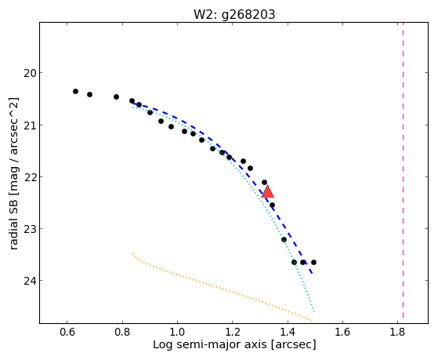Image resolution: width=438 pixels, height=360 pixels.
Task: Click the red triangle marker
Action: pos(268,192)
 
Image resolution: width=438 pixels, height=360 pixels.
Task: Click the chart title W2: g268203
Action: pos(234,15)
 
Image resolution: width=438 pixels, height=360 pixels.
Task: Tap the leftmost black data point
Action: pos(75,91)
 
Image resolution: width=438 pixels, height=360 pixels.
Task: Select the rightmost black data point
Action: pos(313,262)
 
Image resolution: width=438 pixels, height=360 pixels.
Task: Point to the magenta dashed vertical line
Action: pos(403,170)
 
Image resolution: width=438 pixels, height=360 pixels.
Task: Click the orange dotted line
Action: pos(223,288)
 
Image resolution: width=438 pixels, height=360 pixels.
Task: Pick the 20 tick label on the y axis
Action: pos(30,73)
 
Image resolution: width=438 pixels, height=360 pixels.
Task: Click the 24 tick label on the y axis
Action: pos(30,281)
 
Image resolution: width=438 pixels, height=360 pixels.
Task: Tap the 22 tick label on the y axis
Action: pos(30,177)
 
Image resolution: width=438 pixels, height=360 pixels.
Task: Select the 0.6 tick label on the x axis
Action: pos(67,332)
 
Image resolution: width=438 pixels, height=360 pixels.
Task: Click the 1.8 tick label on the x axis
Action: pos(397,332)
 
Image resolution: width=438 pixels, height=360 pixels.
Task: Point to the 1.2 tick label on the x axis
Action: pos(232,332)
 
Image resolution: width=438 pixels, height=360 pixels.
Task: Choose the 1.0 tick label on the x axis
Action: pos(177,332)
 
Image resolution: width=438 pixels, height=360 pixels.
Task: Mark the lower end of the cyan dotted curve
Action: pos(314,311)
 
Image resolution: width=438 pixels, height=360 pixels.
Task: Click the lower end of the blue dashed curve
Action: pos(312,273)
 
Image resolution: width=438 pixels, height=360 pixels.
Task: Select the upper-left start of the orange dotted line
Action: pos(132,253)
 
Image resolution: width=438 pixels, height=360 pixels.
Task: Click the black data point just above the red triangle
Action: pos(264,183)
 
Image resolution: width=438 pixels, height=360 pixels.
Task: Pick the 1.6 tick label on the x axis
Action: pos(342,332)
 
